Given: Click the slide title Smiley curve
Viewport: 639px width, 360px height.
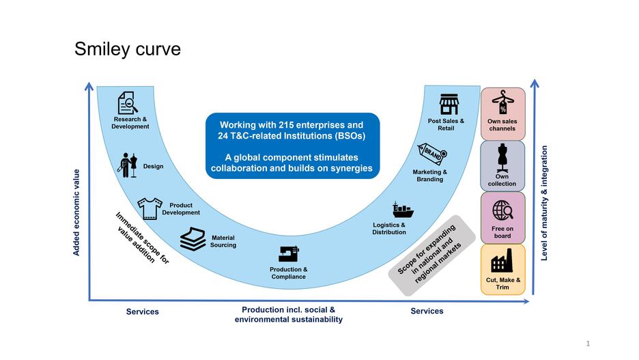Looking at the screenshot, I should coord(128,49).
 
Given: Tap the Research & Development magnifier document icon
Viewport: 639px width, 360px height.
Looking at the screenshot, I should coord(128,103).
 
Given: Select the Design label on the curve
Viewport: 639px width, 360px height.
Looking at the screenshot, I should coord(153,166).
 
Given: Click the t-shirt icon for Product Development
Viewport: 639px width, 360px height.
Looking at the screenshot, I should coord(150,207).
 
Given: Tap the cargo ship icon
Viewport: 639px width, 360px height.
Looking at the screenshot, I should coord(402,210).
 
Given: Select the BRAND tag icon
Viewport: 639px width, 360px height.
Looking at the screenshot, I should coord(431,154).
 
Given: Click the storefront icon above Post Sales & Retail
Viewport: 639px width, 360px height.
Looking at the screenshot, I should coord(448,105).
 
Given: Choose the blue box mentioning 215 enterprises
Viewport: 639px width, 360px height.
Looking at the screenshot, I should coord(292,146).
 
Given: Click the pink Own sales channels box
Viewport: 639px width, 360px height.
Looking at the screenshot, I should coord(502,113).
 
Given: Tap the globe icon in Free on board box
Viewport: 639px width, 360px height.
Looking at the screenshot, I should coord(502,210).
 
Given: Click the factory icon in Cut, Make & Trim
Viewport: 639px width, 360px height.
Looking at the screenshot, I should coord(502,262).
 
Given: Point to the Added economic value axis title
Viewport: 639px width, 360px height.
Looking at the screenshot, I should coord(76,212).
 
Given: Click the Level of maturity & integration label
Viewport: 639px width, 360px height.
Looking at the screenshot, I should coord(544,202).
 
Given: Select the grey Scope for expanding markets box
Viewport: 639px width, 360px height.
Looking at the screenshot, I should coord(431,255).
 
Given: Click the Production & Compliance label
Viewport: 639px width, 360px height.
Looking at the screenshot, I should coord(288,273).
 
